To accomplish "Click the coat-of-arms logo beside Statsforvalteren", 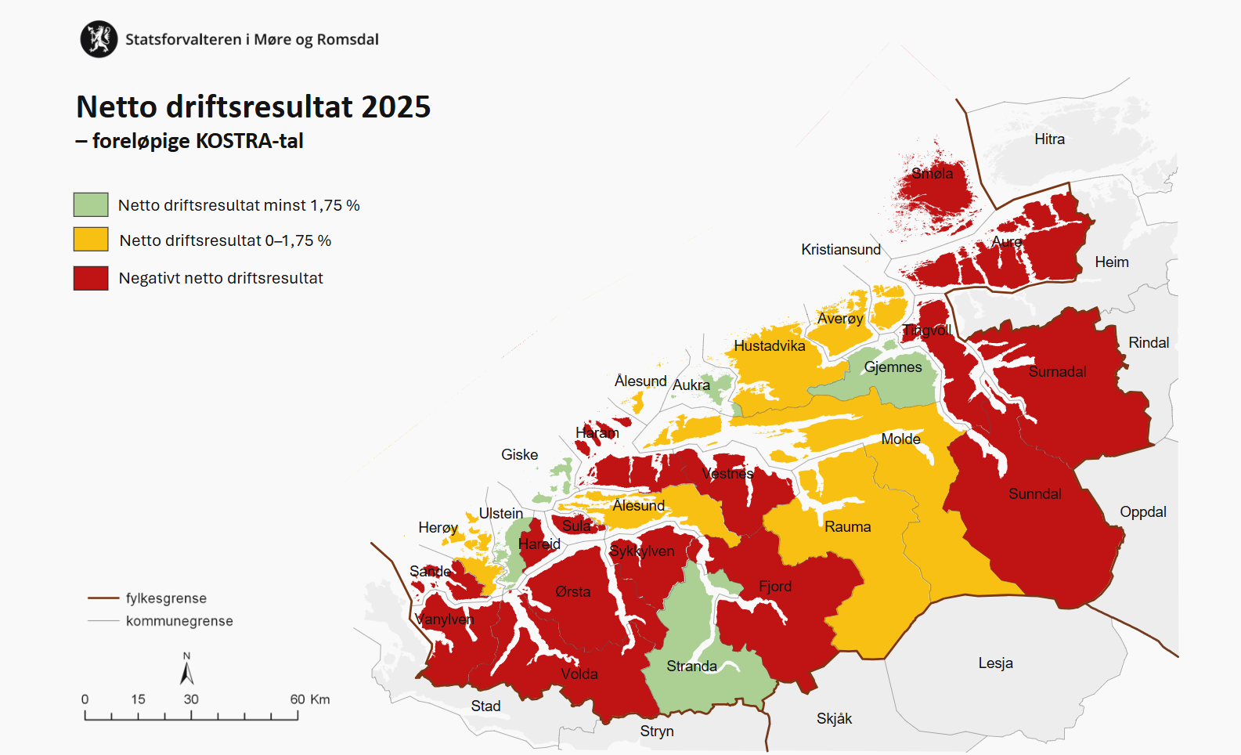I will coord(99,39).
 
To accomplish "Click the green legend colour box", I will coord(91,204).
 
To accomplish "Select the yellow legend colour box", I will coord(91,240).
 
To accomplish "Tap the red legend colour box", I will coord(91,278).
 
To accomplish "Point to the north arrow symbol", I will coord(186,672).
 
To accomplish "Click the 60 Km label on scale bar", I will coord(309,699).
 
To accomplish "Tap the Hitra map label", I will coord(1049,139).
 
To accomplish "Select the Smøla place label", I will coord(932,174).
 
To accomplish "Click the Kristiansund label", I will coord(840,250).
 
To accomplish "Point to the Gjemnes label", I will coord(893,367).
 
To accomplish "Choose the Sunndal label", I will coord(1034,494).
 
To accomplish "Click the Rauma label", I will coord(847,527).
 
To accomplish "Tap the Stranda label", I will coord(691,666).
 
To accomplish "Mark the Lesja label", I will coord(995,663).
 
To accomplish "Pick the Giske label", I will coord(519,455).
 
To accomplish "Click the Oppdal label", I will coord(1142,512).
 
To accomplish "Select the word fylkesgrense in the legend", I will coord(166,598).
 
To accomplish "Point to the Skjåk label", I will coord(834,719).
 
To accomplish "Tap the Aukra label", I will coord(691,385).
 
